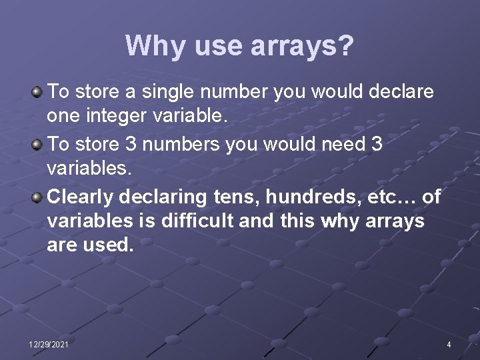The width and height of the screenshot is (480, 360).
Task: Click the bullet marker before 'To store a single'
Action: (x=39, y=90)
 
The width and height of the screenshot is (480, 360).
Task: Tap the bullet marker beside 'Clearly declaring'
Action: (x=39, y=197)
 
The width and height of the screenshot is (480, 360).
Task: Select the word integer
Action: (x=118, y=116)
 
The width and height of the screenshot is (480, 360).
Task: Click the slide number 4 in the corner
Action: (x=449, y=344)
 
